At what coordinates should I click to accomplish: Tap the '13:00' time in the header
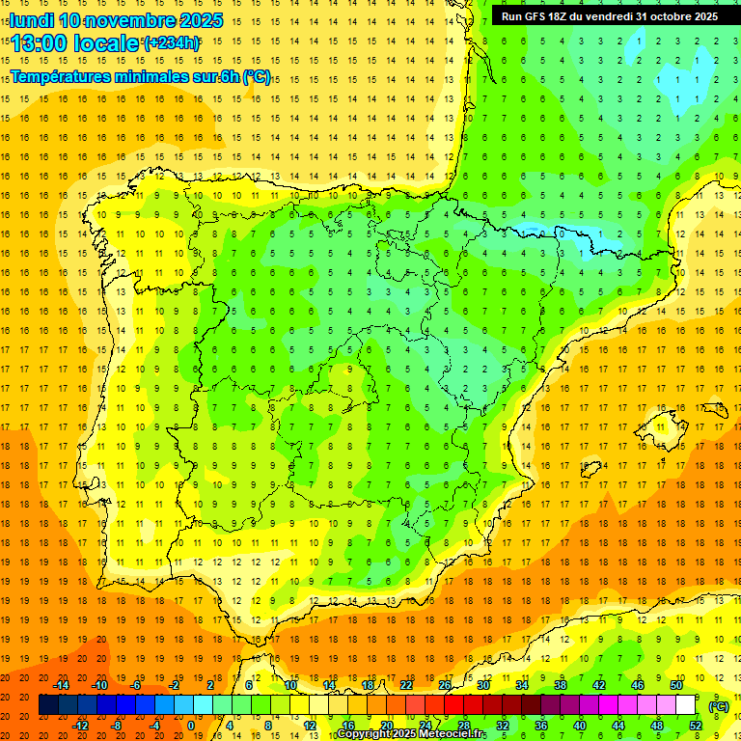pos(40,43)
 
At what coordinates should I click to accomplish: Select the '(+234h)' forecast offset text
pos(172,42)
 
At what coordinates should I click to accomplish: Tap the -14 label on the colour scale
pos(62,685)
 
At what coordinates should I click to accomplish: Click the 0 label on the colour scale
pos(190,726)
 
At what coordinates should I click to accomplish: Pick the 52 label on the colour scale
pos(695,726)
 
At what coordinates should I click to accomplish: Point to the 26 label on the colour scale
pos(445,685)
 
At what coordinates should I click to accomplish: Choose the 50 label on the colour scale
pos(676,685)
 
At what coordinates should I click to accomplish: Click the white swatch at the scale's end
pos(685,705)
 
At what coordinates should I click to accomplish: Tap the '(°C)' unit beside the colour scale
pos(718,705)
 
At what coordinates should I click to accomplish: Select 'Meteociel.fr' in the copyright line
pos(453,734)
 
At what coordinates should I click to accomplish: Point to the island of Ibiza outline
pos(588,470)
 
